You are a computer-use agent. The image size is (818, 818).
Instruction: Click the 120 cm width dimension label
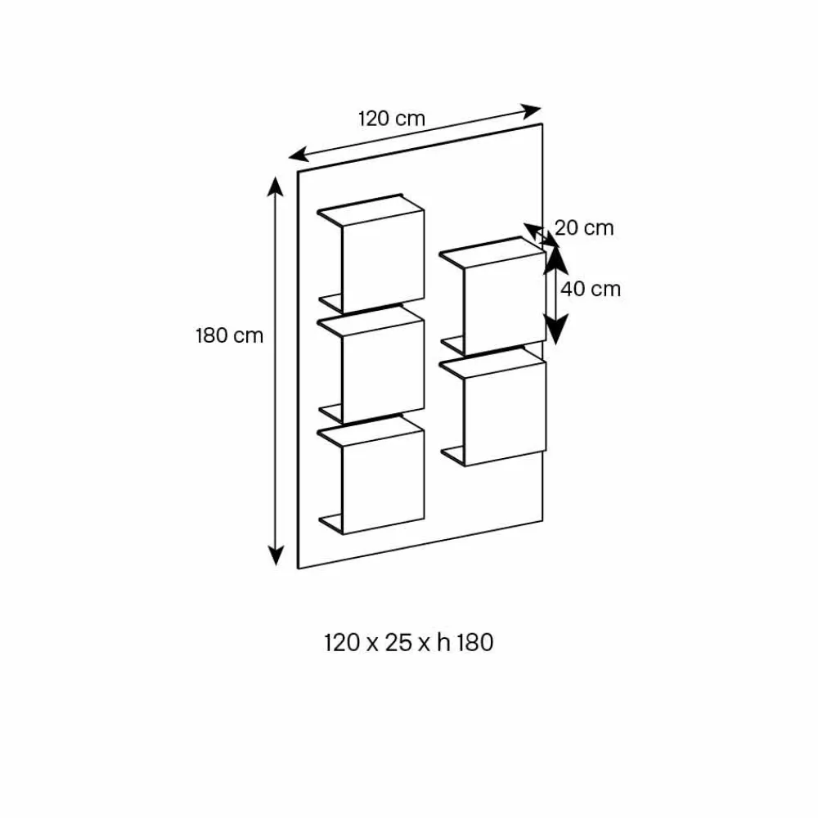tap(392, 118)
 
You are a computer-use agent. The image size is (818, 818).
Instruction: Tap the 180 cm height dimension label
tap(229, 335)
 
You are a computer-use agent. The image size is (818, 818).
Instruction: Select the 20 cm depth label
tap(584, 228)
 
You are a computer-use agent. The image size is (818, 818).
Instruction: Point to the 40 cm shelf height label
tap(591, 289)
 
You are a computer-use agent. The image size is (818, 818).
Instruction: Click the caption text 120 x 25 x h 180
tap(409, 643)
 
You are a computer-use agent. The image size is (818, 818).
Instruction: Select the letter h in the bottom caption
tap(443, 643)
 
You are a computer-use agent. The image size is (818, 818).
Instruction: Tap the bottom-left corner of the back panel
tap(298, 569)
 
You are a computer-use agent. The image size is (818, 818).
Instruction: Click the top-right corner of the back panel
tap(542, 124)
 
